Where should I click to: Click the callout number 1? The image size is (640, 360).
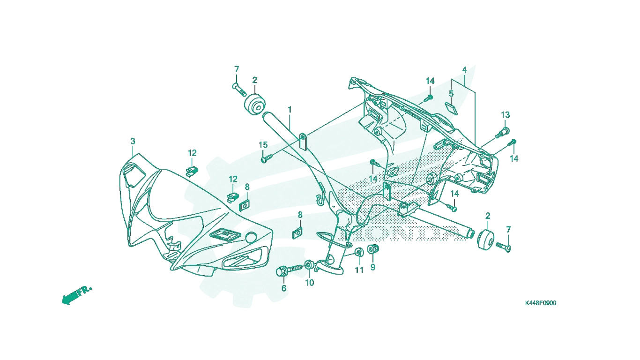[290, 110]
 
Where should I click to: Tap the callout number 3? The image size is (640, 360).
[133, 141]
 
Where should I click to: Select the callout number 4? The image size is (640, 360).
[464, 70]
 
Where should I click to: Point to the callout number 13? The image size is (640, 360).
[505, 115]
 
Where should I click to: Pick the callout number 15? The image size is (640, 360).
[263, 145]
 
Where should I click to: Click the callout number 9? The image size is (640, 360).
[372, 267]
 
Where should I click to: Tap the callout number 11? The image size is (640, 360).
[359, 270]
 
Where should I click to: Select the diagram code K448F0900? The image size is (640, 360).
[541, 303]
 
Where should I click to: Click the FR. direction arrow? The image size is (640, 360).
[76, 295]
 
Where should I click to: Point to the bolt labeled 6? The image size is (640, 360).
[289, 270]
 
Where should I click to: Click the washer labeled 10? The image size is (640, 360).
[309, 265]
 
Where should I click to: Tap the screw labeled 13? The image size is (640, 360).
[503, 133]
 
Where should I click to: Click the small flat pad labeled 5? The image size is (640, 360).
[452, 108]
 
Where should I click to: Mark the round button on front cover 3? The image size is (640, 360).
[252, 238]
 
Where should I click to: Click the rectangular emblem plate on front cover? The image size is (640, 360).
[225, 235]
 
